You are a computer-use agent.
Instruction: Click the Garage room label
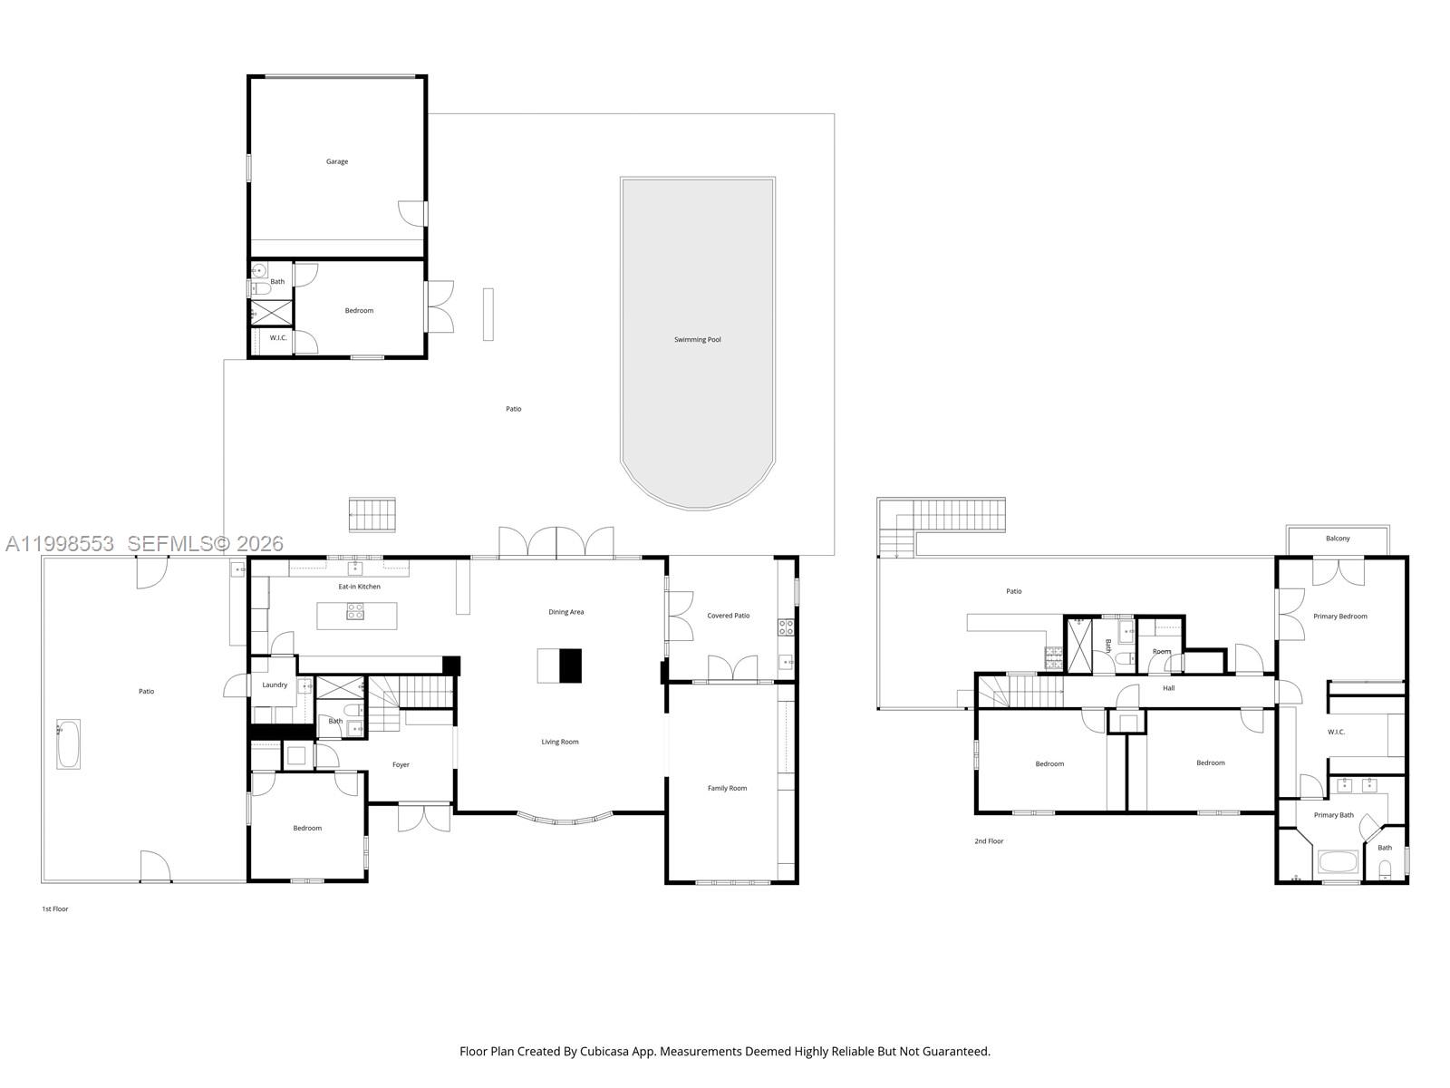coord(337,161)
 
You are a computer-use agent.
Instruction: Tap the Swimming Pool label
coord(697,340)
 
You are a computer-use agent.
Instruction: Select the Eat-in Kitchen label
coord(359,587)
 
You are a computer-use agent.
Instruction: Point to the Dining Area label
coord(565,612)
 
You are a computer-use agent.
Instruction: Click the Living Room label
coord(560,742)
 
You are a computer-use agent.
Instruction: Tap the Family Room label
coord(727,788)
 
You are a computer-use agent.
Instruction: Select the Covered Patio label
coord(728,616)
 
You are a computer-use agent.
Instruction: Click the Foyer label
coord(401,764)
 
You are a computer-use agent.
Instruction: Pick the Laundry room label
coord(275,685)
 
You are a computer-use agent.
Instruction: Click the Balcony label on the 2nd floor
coord(1338,539)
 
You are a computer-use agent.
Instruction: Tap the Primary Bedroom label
coord(1339,617)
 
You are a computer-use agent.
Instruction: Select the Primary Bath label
coord(1333,815)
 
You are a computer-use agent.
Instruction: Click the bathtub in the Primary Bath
coord(1338,861)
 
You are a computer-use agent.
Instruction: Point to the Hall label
coord(1168,688)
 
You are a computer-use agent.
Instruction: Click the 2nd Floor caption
coord(989,841)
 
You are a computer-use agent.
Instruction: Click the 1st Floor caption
coord(54,908)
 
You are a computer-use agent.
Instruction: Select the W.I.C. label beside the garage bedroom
coord(278,338)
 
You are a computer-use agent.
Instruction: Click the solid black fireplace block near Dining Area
coord(570,665)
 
